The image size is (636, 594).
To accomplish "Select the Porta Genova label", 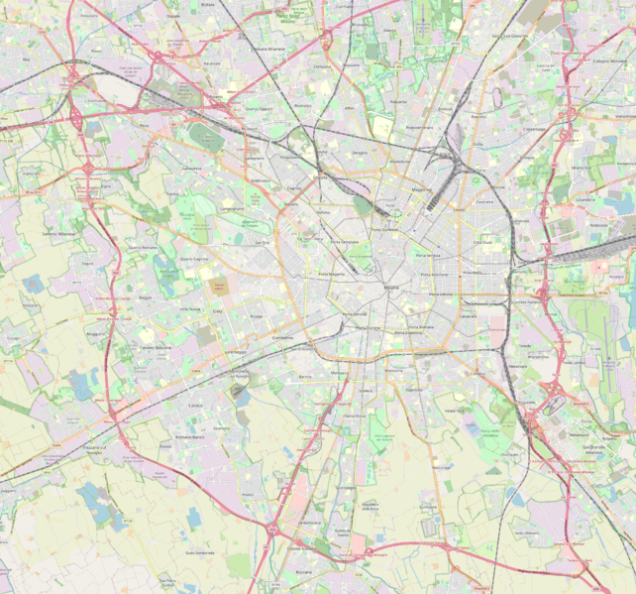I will [x=354, y=314].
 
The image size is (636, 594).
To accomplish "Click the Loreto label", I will [x=459, y=210].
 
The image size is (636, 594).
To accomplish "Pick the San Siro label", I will [x=262, y=242].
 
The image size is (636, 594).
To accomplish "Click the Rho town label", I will [x=96, y=50].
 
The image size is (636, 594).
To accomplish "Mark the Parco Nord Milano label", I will [x=290, y=17].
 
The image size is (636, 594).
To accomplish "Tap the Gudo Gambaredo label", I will [x=199, y=552].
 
